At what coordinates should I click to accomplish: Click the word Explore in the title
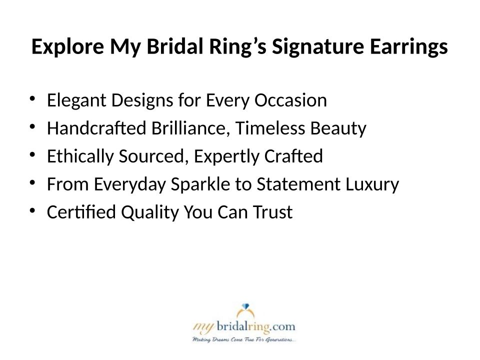tap(67, 47)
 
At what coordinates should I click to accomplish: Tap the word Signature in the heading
tap(318, 47)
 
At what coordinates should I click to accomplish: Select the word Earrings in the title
tap(408, 47)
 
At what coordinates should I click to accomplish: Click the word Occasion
tap(290, 100)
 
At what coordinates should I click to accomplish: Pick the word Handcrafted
tap(96, 128)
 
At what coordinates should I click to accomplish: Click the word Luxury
tap(372, 184)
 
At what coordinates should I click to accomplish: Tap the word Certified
tap(81, 212)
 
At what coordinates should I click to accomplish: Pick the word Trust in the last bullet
tap(273, 212)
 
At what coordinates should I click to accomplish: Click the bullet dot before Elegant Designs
tap(32, 98)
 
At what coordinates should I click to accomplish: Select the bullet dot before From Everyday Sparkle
tap(32, 182)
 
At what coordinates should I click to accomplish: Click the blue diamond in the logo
tap(245, 306)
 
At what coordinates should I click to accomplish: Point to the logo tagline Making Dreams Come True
tap(244, 340)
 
